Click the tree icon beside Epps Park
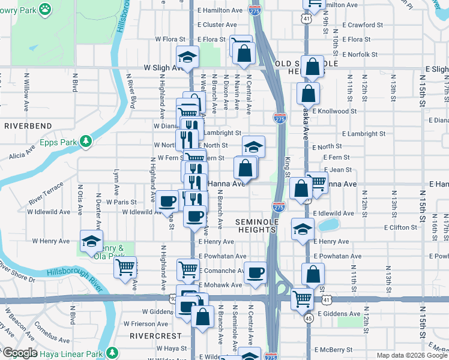pos(86,142)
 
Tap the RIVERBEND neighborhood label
pos(29,127)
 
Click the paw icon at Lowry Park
pos(45,8)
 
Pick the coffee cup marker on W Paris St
pos(167,200)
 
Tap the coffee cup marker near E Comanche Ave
pos(255,271)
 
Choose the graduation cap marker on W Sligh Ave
pos(187,56)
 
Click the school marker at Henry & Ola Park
pos(91,240)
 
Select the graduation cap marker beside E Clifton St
pos(303,228)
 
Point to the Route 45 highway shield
pos(309,318)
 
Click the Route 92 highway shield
pos(173,298)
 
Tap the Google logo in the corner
pos(19,353)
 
